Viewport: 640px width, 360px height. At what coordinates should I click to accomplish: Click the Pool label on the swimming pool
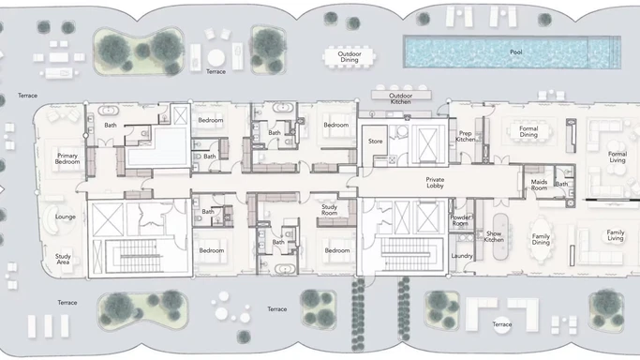(516, 52)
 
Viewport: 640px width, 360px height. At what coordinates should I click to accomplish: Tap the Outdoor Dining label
(343, 57)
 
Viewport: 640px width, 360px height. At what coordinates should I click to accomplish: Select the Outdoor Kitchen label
(401, 97)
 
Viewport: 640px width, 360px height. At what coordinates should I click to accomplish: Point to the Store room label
(376, 142)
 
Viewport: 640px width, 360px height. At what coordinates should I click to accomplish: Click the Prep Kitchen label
(466, 137)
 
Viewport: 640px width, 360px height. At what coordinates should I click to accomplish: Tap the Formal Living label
(616, 157)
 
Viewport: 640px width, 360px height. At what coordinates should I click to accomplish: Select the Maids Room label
(539, 186)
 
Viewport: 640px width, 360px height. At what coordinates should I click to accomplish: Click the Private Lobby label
(440, 183)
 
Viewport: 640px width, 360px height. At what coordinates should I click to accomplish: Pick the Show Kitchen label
(494, 236)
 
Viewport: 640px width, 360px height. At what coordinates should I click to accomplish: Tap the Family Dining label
(542, 239)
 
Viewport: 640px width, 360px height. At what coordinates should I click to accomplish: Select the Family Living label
(615, 235)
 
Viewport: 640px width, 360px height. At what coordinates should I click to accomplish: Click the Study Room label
(329, 210)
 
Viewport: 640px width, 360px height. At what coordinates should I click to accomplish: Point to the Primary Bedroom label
(67, 159)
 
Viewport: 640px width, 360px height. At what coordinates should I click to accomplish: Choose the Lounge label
(65, 217)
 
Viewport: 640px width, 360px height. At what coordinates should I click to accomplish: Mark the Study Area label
(63, 259)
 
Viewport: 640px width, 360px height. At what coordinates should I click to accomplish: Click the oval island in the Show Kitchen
(495, 253)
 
